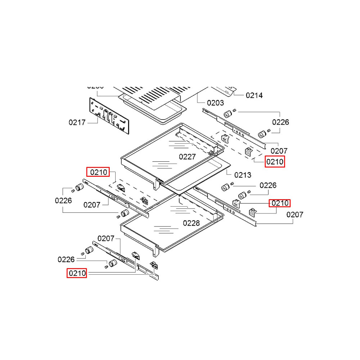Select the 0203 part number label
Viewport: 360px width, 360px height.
click(215, 103)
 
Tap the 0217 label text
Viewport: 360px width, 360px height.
click(77, 122)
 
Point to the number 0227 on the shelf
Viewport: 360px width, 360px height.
click(187, 157)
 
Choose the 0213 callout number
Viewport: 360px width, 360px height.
click(243, 175)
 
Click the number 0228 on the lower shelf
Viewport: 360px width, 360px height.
click(191, 223)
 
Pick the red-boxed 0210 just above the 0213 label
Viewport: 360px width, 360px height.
click(275, 162)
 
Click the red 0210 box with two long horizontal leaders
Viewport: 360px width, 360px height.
click(77, 273)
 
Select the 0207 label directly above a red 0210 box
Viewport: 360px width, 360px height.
click(279, 151)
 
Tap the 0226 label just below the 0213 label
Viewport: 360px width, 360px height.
click(268, 185)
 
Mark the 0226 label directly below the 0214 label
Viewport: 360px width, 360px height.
click(280, 122)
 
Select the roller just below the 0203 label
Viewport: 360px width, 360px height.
click(227, 114)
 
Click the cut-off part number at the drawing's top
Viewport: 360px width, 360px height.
click(95, 87)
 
